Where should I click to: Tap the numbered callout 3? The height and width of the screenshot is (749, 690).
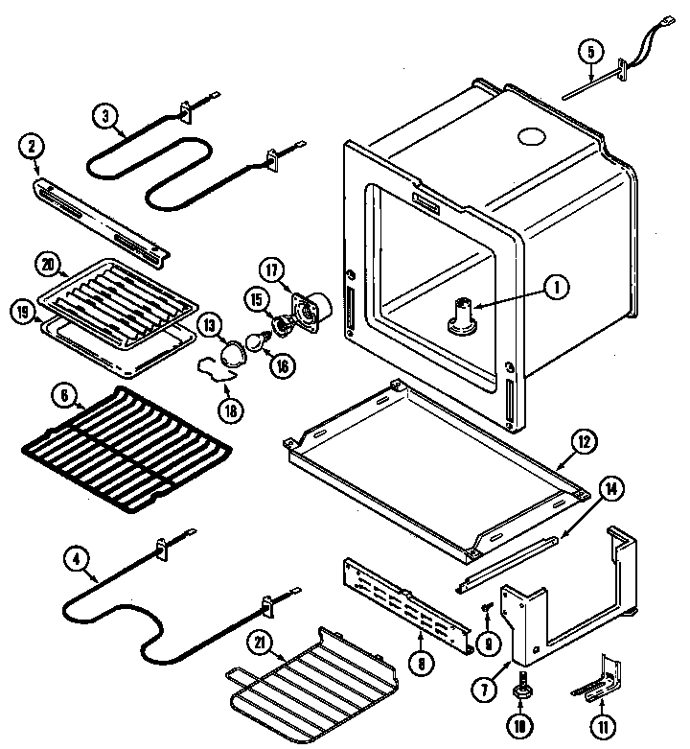107,117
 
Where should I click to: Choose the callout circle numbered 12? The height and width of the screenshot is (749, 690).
583,443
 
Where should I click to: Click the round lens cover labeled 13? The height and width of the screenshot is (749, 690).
231,356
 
